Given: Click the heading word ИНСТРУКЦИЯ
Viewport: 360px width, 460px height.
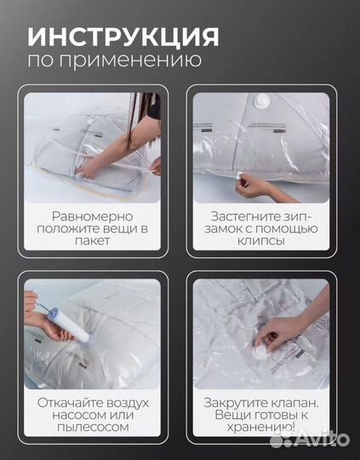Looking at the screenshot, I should [123, 37].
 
